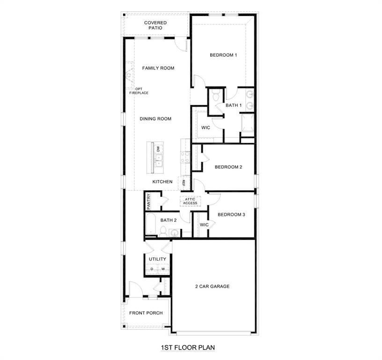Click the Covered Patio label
click(155, 25)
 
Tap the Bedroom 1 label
click(223, 55)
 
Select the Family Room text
click(158, 68)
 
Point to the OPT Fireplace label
click(139, 91)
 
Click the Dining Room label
click(155, 119)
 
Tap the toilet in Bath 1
click(215, 97)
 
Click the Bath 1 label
click(234, 105)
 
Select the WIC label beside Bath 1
click(206, 127)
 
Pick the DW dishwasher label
click(159, 149)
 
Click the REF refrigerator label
click(184, 183)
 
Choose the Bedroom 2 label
click(228, 167)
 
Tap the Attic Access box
click(191, 201)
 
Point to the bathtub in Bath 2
click(151, 225)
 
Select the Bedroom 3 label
click(231, 215)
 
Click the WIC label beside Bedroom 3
click(204, 225)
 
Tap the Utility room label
click(157, 259)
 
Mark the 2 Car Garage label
click(213, 286)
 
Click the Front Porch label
click(146, 313)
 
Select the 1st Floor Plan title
click(188, 348)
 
